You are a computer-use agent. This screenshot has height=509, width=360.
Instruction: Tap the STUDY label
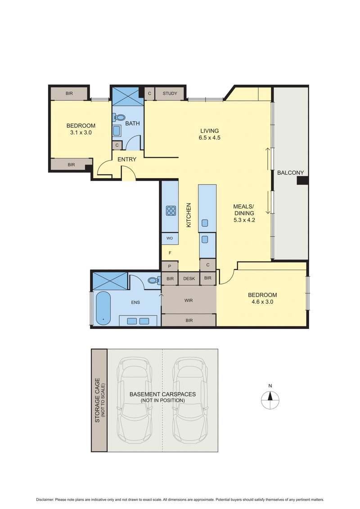(170, 94)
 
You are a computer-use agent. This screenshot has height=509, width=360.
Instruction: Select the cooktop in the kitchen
(171, 211)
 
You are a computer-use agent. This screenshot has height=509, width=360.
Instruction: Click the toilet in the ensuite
(154, 280)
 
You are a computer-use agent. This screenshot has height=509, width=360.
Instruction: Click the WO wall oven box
(170, 238)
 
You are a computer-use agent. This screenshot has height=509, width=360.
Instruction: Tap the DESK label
(189, 279)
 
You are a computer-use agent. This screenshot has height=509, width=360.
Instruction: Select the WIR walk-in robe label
(189, 300)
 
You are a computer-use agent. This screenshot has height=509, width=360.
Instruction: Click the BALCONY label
(290, 173)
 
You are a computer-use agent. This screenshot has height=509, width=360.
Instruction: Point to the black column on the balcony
(302, 180)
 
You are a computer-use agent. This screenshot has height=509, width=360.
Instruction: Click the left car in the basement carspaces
(134, 399)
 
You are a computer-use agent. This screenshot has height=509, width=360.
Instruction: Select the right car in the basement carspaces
(191, 399)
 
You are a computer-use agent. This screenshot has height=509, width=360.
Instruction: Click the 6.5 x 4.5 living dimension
(209, 138)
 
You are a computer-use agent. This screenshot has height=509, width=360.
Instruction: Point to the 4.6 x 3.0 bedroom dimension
(262, 302)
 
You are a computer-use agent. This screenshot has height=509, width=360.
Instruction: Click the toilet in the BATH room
(119, 117)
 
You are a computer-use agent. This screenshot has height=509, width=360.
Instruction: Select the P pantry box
(170, 266)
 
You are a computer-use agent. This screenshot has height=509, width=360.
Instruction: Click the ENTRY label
(126, 159)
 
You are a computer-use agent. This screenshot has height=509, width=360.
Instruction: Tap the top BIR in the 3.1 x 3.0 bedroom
(69, 94)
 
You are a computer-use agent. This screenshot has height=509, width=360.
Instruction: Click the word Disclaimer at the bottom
(45, 500)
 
